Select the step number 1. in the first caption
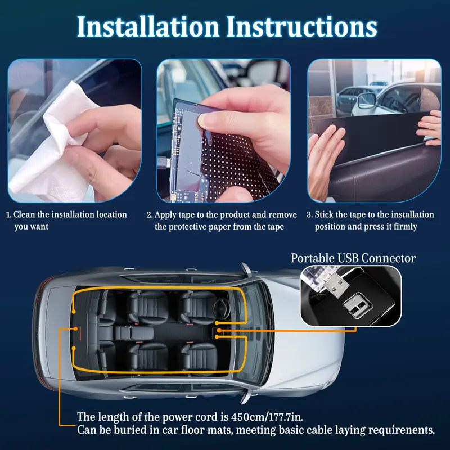(8, 215)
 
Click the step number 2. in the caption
(150, 215)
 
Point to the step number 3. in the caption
(309, 215)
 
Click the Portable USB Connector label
(353, 258)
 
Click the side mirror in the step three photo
(366, 100)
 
